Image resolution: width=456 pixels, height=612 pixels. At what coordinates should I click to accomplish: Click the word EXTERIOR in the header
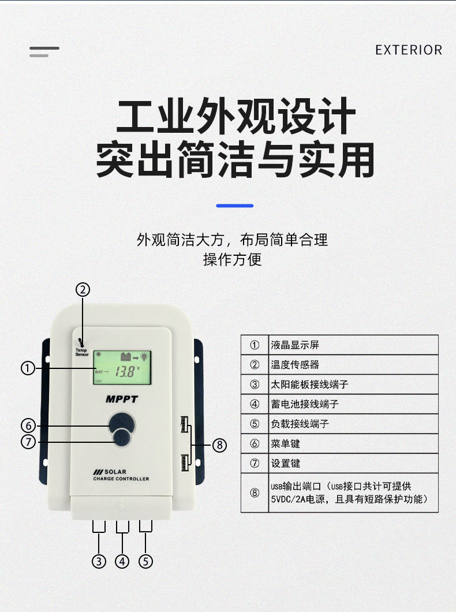click(x=409, y=50)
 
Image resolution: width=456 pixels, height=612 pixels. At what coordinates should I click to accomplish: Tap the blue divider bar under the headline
click(x=234, y=206)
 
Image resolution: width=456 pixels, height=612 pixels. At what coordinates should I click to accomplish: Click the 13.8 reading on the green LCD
click(x=126, y=371)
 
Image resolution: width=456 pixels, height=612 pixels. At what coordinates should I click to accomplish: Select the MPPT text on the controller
click(x=122, y=399)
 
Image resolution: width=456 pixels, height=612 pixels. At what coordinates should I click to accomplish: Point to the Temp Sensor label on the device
click(x=82, y=352)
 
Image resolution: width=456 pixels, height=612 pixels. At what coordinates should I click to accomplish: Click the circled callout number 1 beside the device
click(x=28, y=368)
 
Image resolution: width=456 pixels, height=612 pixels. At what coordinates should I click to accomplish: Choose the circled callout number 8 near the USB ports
click(x=219, y=445)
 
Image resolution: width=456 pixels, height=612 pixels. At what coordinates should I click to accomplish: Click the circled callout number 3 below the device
click(x=99, y=561)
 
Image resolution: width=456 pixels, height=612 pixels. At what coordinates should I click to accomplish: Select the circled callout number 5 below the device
click(x=145, y=561)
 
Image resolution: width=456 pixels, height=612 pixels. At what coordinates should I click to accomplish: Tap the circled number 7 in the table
click(x=255, y=463)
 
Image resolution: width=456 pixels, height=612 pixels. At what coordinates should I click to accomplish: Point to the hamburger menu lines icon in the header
click(x=44, y=52)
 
